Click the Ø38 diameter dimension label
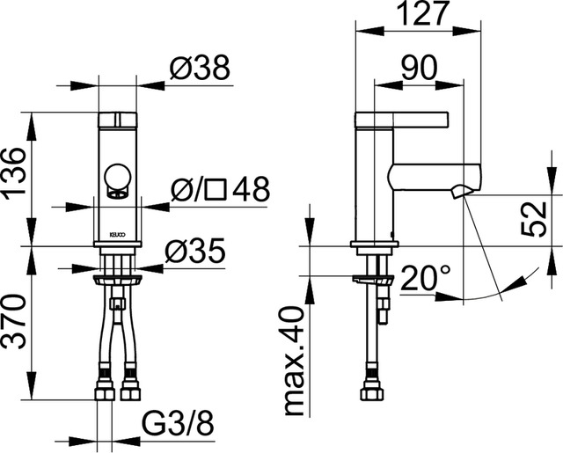(x=200, y=69)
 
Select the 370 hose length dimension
(x=14, y=322)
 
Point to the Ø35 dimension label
(x=195, y=250)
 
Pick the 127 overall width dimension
(x=424, y=14)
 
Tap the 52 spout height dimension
(x=534, y=219)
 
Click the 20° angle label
(x=425, y=278)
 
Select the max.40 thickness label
(x=296, y=362)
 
